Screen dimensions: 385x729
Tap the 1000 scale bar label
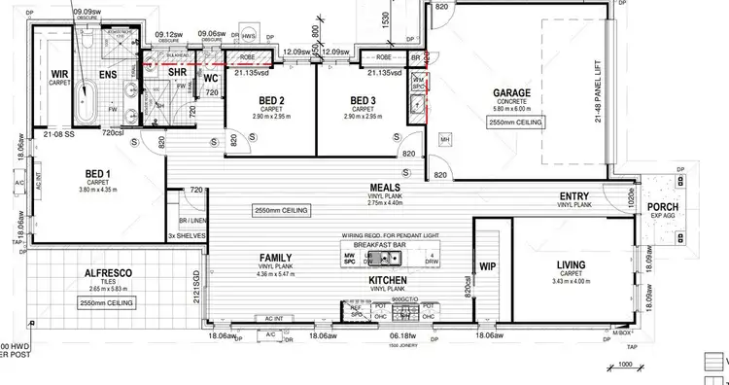[x=626, y=364]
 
